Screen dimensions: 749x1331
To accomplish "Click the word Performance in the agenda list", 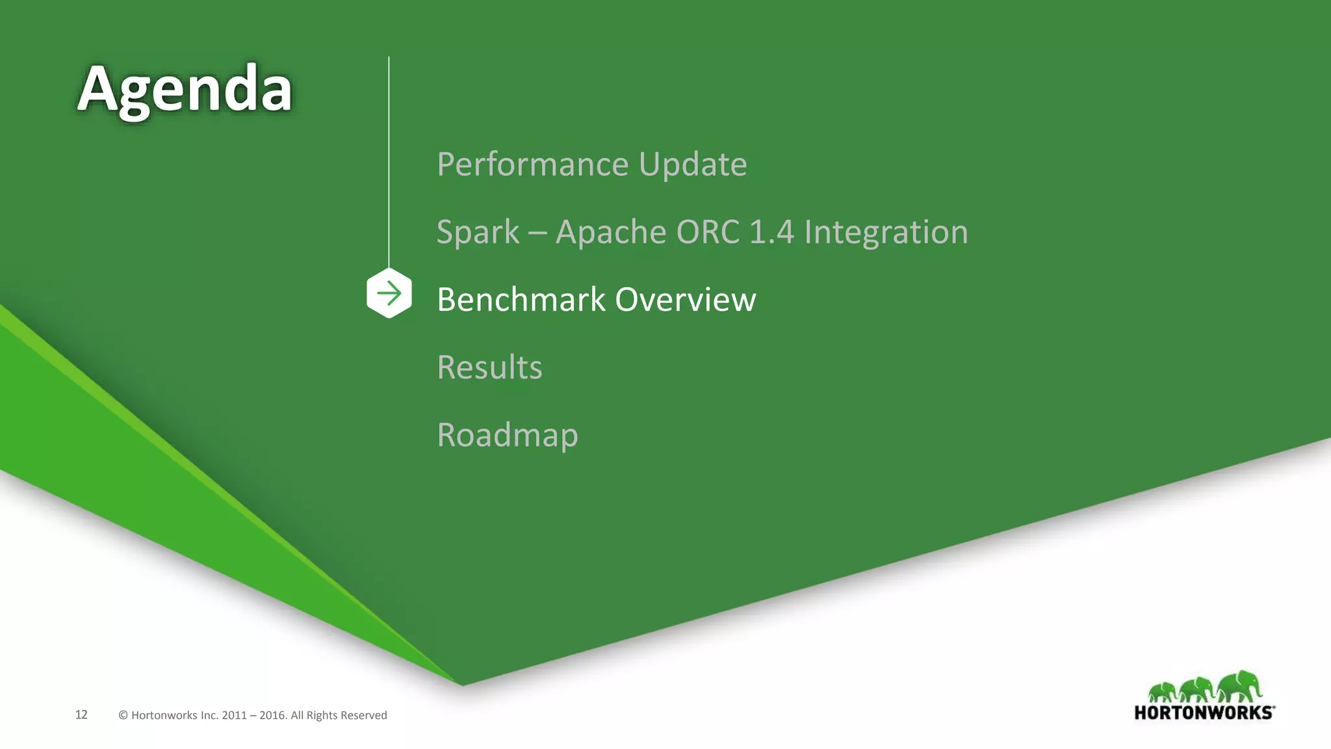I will click(532, 164).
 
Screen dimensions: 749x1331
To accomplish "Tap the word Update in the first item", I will click(693, 164).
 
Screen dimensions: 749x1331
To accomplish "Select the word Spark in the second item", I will click(478, 232).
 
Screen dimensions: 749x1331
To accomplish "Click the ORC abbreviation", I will click(708, 232).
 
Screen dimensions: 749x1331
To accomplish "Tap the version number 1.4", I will click(771, 232).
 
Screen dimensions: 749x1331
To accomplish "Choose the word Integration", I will click(886, 232).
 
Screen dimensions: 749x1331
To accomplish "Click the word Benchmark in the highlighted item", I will click(521, 300).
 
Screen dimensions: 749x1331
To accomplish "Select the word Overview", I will click(686, 300).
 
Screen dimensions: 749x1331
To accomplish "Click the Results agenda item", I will click(489, 367).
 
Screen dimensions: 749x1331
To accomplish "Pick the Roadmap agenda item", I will click(508, 435).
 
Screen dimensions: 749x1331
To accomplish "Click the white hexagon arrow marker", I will click(389, 294).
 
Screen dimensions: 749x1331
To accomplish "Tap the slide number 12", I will click(81, 715).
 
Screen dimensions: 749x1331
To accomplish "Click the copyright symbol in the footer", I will click(123, 715).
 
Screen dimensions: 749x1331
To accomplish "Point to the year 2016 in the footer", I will click(272, 715).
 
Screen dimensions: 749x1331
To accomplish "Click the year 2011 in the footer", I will click(234, 715).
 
